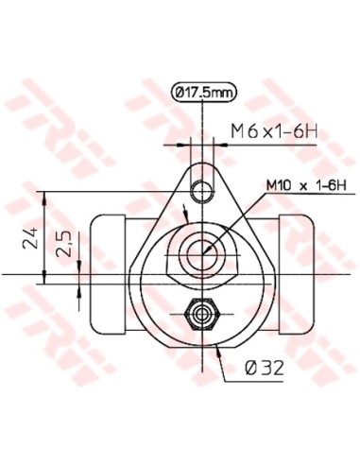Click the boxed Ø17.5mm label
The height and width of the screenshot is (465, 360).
(x=203, y=92)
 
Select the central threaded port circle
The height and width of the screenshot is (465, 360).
(x=201, y=252)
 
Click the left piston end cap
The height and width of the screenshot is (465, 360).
(x=105, y=274)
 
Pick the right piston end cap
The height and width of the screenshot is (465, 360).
(x=297, y=274)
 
